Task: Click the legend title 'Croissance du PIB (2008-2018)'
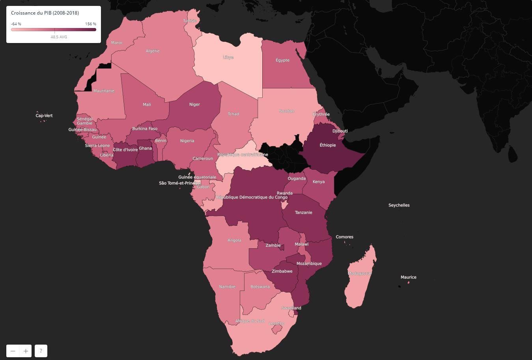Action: click(x=45, y=13)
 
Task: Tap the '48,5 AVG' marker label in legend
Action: click(x=59, y=37)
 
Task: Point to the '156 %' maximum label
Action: click(x=91, y=24)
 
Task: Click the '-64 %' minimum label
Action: click(x=16, y=24)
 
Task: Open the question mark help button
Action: click(x=41, y=351)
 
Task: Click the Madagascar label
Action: click(x=359, y=274)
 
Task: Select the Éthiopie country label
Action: click(x=328, y=145)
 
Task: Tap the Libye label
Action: click(x=228, y=58)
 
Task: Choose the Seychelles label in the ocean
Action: click(x=399, y=205)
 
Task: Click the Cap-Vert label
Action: click(x=44, y=116)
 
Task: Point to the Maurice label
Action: click(x=409, y=277)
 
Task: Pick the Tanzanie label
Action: click(x=304, y=213)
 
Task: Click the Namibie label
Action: click(x=227, y=287)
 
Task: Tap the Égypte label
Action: click(x=282, y=60)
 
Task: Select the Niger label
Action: click(x=194, y=105)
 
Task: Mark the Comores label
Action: click(x=344, y=237)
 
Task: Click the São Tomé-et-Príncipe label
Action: click(x=180, y=183)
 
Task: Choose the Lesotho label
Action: click(x=276, y=324)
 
